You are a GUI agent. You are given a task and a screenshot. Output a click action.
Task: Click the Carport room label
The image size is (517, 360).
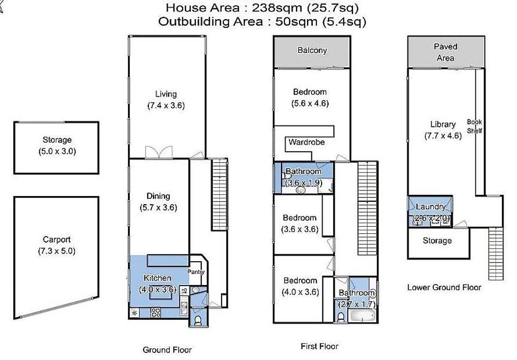pyautogui.click(x=57, y=240)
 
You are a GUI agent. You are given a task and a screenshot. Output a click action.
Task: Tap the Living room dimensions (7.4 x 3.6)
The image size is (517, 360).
pyautogui.click(x=166, y=105)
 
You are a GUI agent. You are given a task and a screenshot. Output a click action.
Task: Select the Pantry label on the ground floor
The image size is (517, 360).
pyautogui.click(x=196, y=272)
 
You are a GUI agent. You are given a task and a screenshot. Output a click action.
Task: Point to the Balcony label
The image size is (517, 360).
pyautogui.click(x=312, y=51)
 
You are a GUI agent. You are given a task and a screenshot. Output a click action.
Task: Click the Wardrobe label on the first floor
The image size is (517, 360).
pyautogui.click(x=306, y=142)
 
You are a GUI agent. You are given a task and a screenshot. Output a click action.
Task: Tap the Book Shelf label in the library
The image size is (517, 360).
pyautogui.click(x=475, y=126)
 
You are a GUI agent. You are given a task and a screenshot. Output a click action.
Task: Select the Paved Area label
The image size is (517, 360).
pyautogui.click(x=445, y=52)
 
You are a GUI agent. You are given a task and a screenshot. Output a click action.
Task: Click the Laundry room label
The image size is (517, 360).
pyautogui.click(x=430, y=206)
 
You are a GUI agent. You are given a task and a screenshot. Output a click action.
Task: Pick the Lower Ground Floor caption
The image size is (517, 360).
pyautogui.click(x=444, y=287)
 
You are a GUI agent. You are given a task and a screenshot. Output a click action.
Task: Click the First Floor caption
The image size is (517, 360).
pyautogui.click(x=319, y=346)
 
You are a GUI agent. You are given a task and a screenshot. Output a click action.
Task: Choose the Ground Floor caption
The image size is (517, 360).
pyautogui.click(x=167, y=350)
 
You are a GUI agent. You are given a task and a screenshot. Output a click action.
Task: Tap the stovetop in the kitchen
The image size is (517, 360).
pyautogui.click(x=155, y=312)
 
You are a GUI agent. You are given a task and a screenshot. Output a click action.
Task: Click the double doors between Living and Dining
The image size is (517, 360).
pyautogui.click(x=159, y=152)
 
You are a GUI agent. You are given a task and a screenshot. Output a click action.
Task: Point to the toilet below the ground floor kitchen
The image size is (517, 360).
pyautogui.click(x=198, y=320)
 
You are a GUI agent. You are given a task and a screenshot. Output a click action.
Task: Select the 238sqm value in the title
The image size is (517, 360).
pyautogui.click(x=277, y=8)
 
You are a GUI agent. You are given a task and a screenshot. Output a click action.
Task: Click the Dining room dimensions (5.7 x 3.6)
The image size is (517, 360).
pyautogui.click(x=158, y=208)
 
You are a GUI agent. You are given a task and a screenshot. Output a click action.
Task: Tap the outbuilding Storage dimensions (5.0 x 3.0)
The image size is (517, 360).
pyautogui.click(x=57, y=152)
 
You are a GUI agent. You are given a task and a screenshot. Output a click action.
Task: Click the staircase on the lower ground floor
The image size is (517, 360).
pyautogui.click(x=495, y=254)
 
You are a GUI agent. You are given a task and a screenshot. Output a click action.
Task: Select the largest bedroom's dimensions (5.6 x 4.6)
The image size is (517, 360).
pyautogui.click(x=310, y=104)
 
